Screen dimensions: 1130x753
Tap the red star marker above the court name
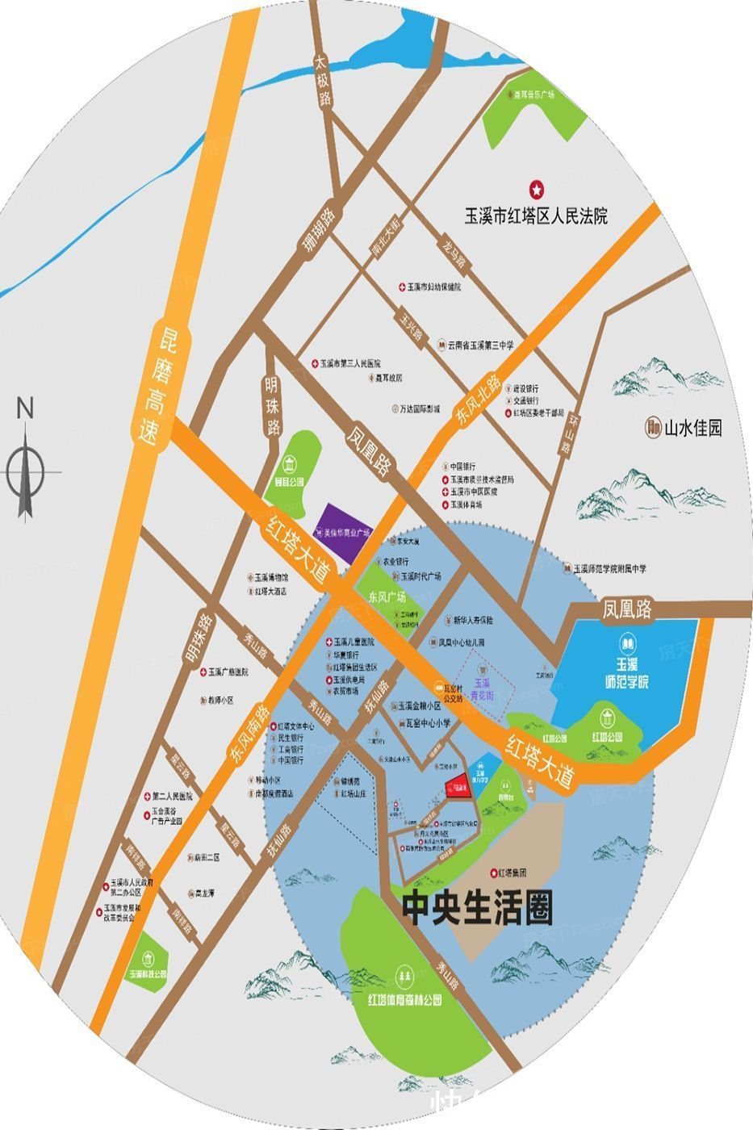coord(535,190)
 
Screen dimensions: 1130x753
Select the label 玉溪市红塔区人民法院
coord(535,216)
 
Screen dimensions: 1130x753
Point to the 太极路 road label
coord(323,82)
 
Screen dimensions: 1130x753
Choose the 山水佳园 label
coord(692,427)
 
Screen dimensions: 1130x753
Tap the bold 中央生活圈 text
coord(477,910)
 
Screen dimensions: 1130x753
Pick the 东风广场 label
coord(387,598)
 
